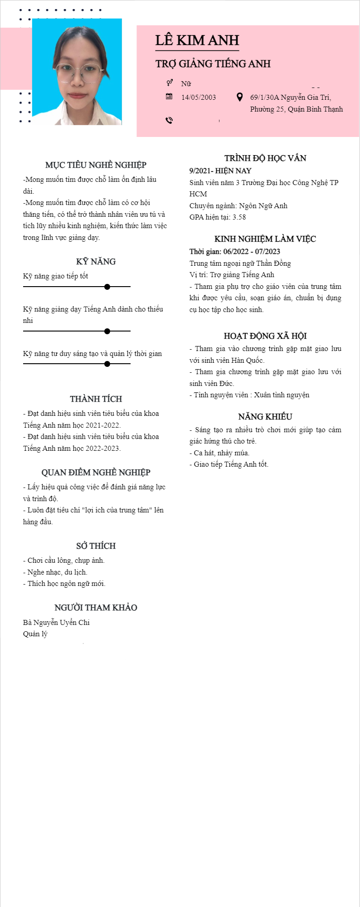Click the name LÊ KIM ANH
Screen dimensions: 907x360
(197, 40)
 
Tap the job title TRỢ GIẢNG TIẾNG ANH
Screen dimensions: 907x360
(213, 64)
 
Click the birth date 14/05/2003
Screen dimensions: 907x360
(198, 98)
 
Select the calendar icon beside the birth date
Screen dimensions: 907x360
(169, 97)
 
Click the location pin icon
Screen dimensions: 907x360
(240, 97)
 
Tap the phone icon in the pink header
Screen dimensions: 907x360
(169, 120)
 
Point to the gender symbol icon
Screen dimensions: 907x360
(169, 83)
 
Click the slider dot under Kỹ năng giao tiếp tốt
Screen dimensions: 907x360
(107, 287)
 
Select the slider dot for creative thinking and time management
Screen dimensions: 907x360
(107, 364)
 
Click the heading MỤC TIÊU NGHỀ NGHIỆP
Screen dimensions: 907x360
(96, 165)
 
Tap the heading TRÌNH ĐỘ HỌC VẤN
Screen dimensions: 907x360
(265, 158)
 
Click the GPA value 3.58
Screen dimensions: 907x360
(239, 217)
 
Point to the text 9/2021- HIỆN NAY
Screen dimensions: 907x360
(220, 171)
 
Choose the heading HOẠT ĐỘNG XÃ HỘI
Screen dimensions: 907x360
(265, 336)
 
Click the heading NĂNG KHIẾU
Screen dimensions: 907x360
(265, 417)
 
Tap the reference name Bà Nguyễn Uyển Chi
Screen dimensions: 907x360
(56, 623)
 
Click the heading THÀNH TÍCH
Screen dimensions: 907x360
(96, 399)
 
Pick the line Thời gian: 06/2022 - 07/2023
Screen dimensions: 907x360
(234, 252)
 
